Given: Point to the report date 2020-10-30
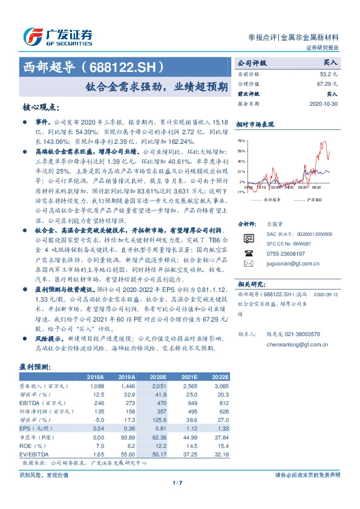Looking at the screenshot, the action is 326,104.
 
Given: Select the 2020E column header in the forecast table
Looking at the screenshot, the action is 159,377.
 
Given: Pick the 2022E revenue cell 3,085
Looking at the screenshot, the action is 219,385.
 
